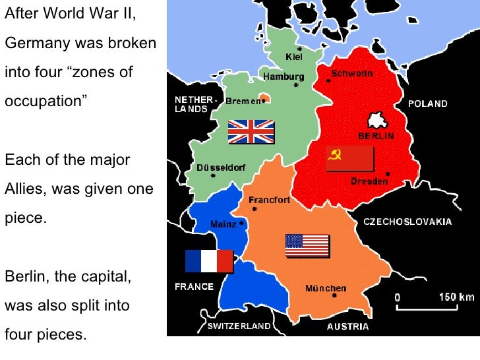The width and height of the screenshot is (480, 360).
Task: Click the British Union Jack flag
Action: tap(251, 132)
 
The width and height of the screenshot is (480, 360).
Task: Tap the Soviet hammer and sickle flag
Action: tap(350, 159)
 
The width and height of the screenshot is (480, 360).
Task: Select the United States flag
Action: tap(307, 245)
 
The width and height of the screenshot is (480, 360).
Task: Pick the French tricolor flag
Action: tap(209, 261)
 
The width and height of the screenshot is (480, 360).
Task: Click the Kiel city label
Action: tap(294, 57)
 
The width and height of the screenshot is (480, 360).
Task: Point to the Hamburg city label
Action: tap(284, 76)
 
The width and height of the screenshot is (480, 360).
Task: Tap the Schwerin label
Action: tap(352, 75)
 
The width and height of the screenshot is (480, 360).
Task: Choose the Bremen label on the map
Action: tap(243, 102)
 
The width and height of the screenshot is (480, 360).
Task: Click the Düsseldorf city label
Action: tap(222, 167)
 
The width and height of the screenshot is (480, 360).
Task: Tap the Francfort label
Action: tap(269, 200)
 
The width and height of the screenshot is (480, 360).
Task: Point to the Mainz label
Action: tap(223, 224)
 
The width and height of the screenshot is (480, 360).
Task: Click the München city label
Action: tap(326, 288)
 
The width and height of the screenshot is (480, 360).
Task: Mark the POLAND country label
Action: tap(427, 104)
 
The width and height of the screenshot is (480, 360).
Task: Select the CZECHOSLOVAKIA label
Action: tap(407, 222)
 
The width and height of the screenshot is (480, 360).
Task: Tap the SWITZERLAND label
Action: tap(239, 326)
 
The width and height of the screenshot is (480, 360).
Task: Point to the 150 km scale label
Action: tap(456, 297)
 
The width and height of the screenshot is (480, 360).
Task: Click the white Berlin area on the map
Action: tap(377, 121)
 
